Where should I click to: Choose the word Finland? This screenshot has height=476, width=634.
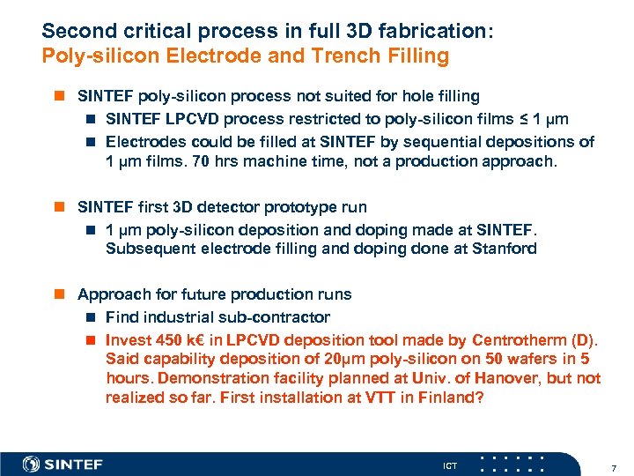coord(450,398)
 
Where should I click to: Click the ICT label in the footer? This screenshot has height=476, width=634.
coord(451,465)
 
